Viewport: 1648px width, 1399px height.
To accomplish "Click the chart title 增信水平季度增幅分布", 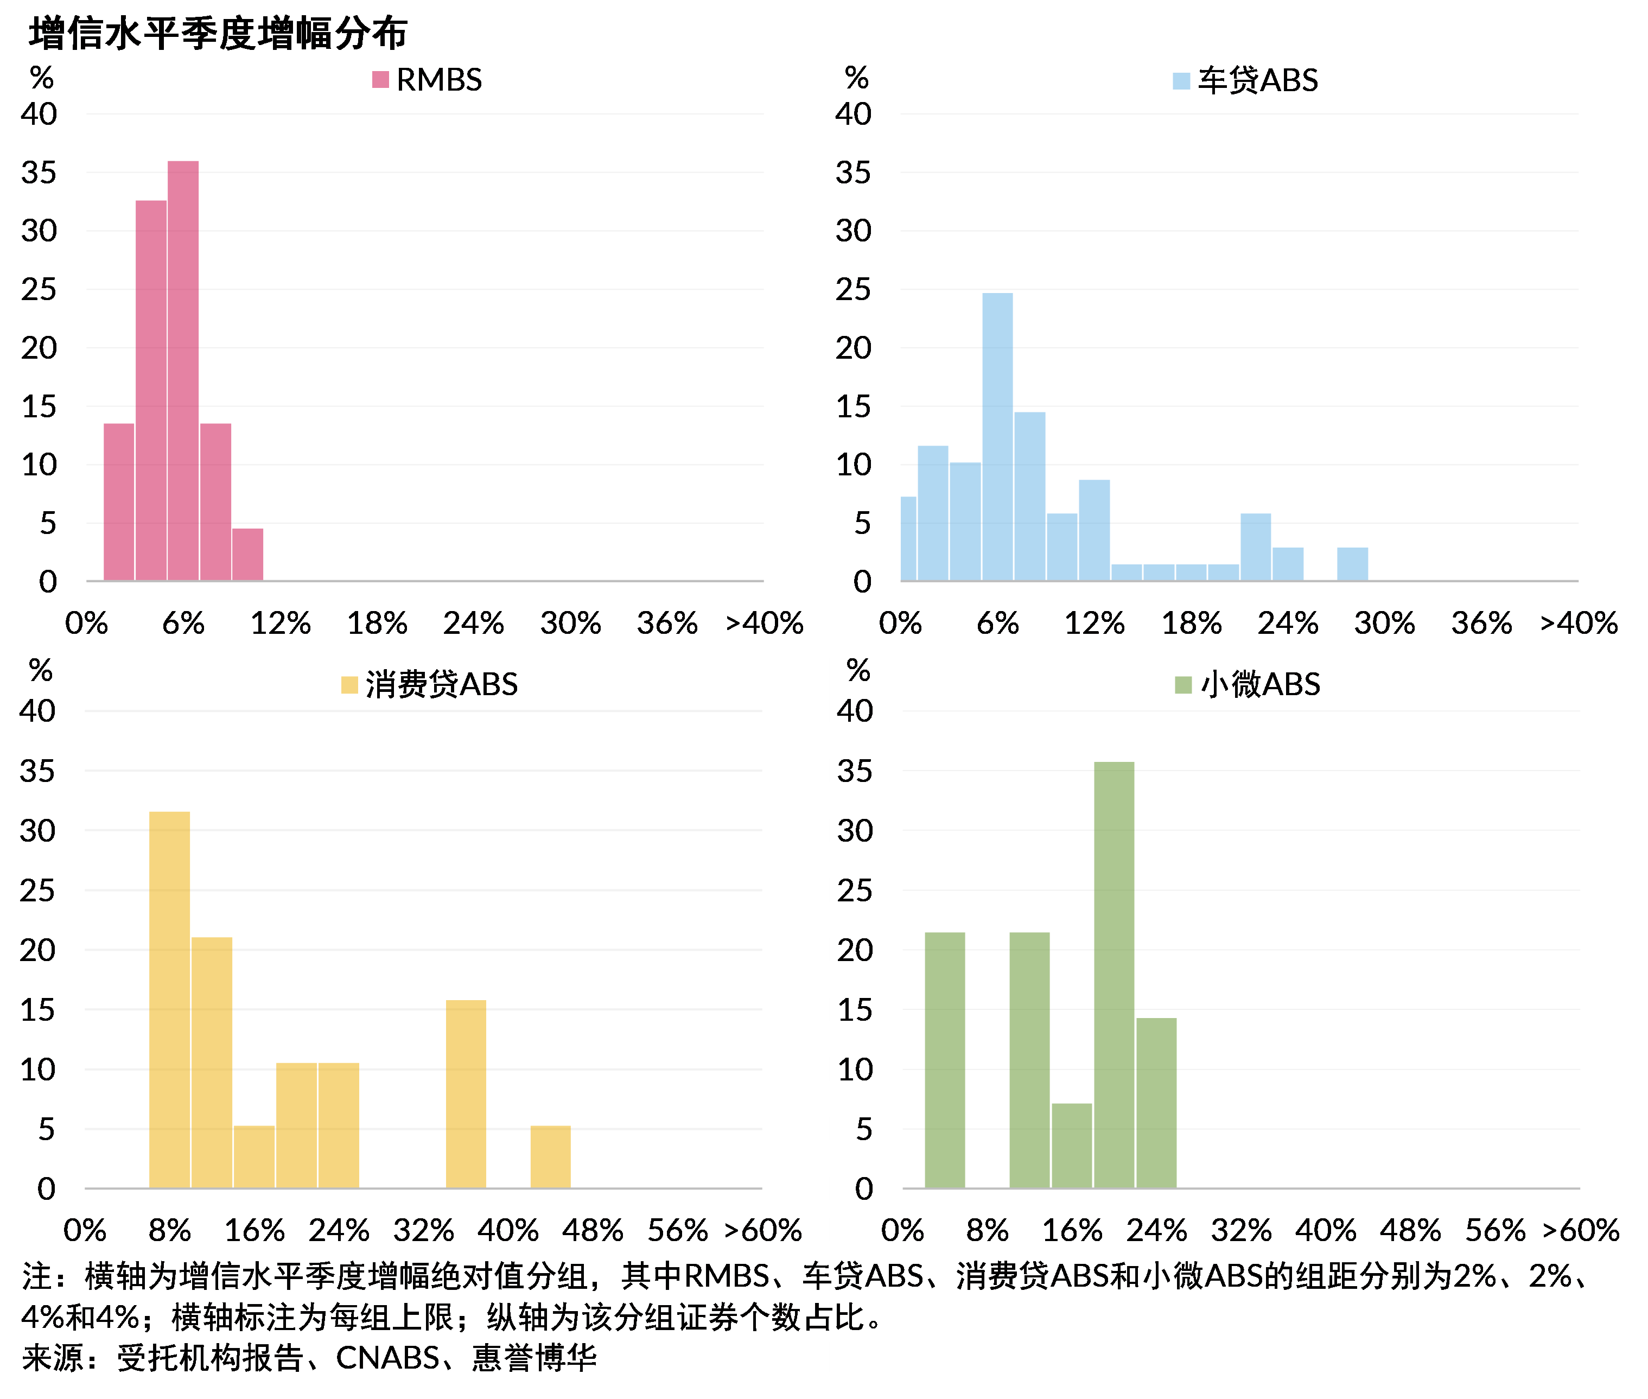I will pyautogui.click(x=218, y=33).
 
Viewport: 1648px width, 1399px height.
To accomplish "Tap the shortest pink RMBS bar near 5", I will pyautogui.click(x=247, y=555).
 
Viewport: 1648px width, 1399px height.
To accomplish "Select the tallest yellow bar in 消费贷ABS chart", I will pyautogui.click(x=170, y=999).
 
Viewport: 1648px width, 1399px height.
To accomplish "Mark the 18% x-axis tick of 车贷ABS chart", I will pyautogui.click(x=1191, y=624).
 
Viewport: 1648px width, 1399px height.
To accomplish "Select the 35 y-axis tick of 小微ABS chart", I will pyautogui.click(x=855, y=771).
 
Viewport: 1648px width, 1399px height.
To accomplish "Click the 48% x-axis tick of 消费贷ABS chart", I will pyautogui.click(x=593, y=1230).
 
